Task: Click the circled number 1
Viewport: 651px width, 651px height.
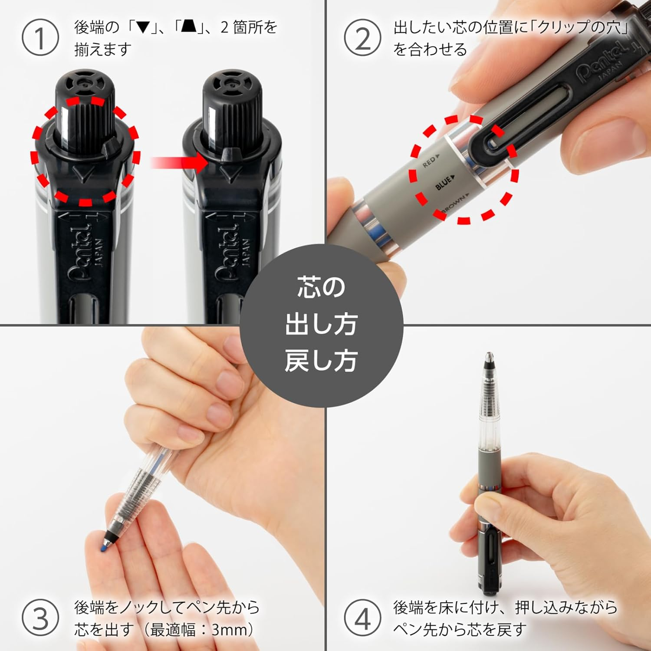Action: coord(40,38)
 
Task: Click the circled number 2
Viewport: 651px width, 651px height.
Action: coord(362,38)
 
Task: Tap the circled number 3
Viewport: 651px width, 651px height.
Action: coord(40,618)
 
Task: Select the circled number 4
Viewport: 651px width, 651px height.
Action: coord(362,618)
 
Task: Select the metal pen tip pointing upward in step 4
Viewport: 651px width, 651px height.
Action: coord(489,358)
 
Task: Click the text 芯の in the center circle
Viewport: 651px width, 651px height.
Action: coord(321,287)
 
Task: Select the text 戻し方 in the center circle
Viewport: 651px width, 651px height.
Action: coord(321,361)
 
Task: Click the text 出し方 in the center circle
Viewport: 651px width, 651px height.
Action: coord(321,325)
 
